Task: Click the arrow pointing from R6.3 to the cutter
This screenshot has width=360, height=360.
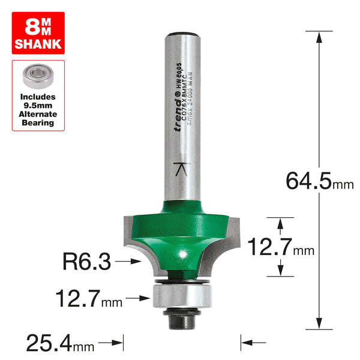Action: (130, 262)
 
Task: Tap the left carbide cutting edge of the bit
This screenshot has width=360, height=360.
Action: (131, 234)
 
